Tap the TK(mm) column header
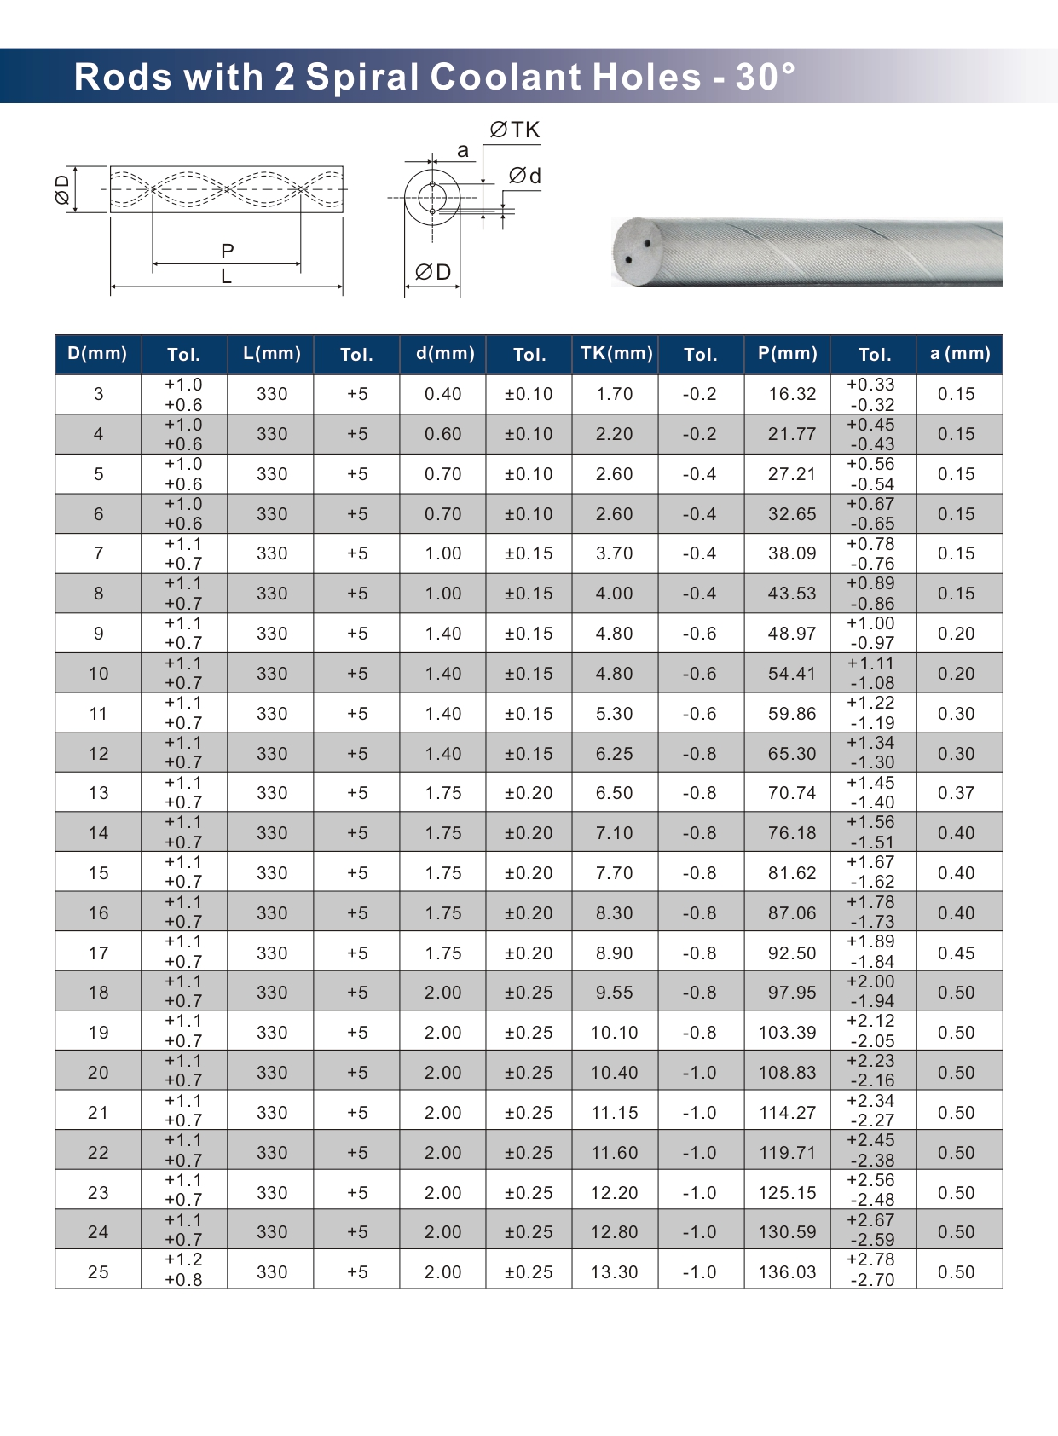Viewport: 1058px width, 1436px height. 616,353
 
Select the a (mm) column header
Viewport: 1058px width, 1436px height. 959,353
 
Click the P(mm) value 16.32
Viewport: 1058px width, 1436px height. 791,394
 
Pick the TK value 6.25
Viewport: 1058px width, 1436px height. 614,754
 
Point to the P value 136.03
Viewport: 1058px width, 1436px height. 787,1272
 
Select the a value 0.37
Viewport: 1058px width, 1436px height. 956,793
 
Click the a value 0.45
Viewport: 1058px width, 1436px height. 956,953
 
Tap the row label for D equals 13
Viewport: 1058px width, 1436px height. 98,793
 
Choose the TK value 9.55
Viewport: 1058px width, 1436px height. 614,993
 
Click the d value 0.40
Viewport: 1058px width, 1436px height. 442,394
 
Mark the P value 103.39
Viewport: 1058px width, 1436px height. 787,1033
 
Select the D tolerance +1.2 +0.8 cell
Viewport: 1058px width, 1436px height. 183,1270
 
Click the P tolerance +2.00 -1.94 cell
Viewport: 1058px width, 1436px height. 870,992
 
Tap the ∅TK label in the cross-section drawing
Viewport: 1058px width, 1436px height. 515,130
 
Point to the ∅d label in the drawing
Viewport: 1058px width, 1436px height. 524,176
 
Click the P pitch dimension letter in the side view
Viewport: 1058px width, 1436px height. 227,251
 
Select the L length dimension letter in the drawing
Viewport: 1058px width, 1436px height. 226,276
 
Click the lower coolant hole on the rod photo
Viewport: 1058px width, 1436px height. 628,259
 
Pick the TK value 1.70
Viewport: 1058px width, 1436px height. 614,394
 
